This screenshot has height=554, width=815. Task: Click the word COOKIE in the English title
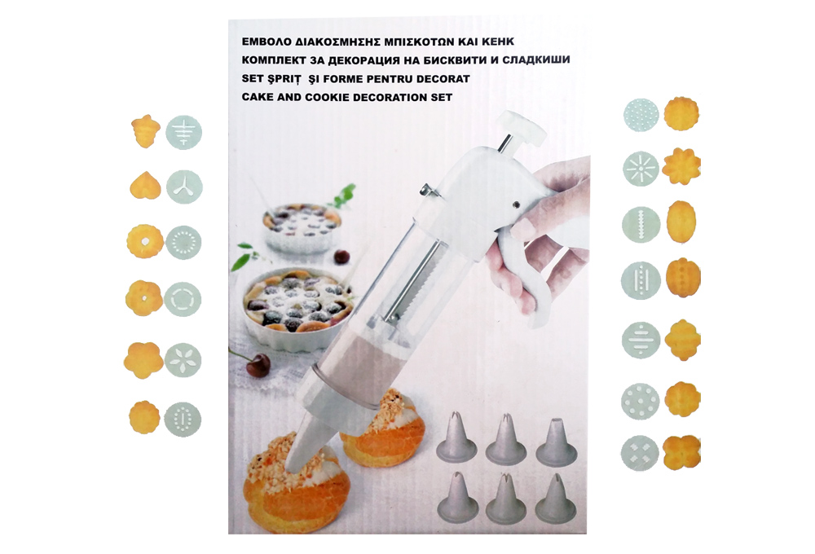click(x=329, y=97)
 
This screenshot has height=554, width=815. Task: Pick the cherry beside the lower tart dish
click(x=258, y=365)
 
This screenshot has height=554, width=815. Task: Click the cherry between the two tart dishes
click(x=341, y=257)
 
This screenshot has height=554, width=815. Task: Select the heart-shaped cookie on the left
click(x=145, y=186)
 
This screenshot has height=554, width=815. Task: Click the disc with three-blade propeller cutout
click(x=184, y=187)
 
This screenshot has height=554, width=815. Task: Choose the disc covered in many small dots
click(x=641, y=115)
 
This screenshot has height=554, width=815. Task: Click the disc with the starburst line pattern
click(x=641, y=169)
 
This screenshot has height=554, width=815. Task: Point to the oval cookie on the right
click(x=681, y=222)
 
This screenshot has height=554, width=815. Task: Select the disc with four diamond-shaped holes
click(x=639, y=452)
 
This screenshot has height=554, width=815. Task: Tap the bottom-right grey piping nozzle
click(x=556, y=498)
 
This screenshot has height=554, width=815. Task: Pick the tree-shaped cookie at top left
click(x=145, y=131)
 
